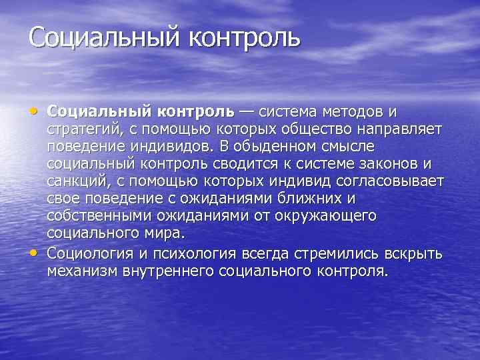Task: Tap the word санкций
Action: [x=75, y=181]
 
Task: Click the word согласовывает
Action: [x=396, y=181]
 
